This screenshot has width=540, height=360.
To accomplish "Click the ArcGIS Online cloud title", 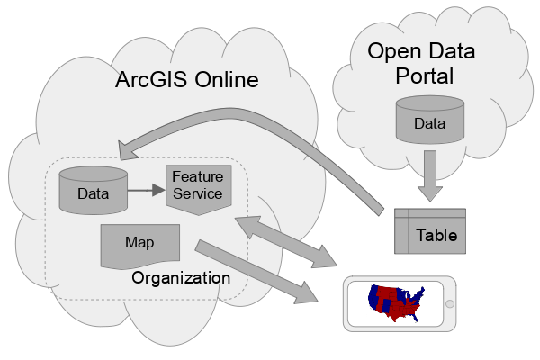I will (x=186, y=80).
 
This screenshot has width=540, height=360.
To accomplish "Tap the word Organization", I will (x=181, y=277).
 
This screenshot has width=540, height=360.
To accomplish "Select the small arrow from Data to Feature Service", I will (x=145, y=190).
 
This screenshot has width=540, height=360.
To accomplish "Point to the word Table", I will (x=436, y=236).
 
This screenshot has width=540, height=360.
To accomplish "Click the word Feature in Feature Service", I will (x=197, y=177).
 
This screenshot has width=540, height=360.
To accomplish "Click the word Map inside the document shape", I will (x=139, y=242).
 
